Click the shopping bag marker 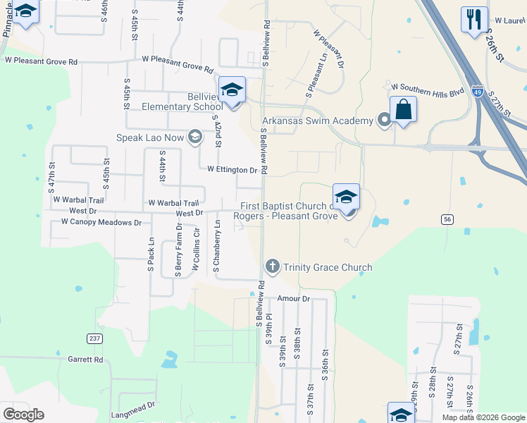[x=403, y=110]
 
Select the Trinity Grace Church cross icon [x=273, y=266]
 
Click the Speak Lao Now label [x=154, y=137]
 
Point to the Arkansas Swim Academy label [x=318, y=121]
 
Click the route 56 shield [x=447, y=220]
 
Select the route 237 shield [x=94, y=338]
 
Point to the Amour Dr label [x=293, y=299]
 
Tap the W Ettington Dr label [x=232, y=170]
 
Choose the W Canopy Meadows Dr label [x=101, y=222]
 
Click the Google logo [x=23, y=415]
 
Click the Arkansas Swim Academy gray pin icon [x=384, y=121]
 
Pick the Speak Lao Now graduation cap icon [x=195, y=137]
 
